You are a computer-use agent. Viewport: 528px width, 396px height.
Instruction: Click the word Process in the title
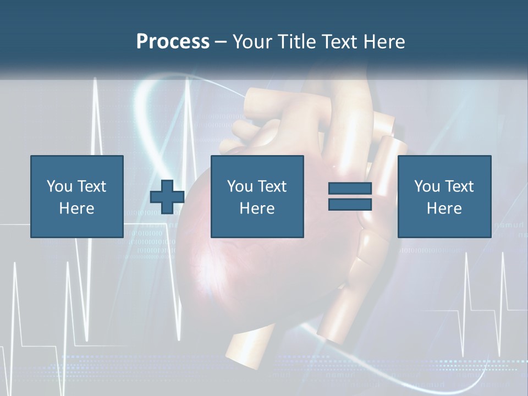pyautogui.click(x=173, y=42)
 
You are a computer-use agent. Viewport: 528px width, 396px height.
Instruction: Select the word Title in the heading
pyautogui.click(x=299, y=42)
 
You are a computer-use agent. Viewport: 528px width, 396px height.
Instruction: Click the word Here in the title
pyautogui.click(x=384, y=42)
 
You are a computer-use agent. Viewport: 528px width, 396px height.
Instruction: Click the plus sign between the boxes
pyautogui.click(x=167, y=196)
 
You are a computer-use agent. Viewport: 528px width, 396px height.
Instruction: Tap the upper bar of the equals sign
pyautogui.click(x=350, y=189)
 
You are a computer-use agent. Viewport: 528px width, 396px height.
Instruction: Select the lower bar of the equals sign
pyautogui.click(x=350, y=204)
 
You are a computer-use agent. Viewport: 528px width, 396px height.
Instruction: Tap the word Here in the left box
pyautogui.click(x=76, y=208)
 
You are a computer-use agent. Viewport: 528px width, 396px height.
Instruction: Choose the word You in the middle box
pyautogui.click(x=240, y=186)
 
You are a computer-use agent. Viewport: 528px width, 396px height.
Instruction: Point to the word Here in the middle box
pyautogui.click(x=257, y=208)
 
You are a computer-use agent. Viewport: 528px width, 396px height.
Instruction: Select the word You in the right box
pyautogui.click(x=427, y=186)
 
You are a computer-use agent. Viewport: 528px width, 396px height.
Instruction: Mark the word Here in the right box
pyautogui.click(x=444, y=208)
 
